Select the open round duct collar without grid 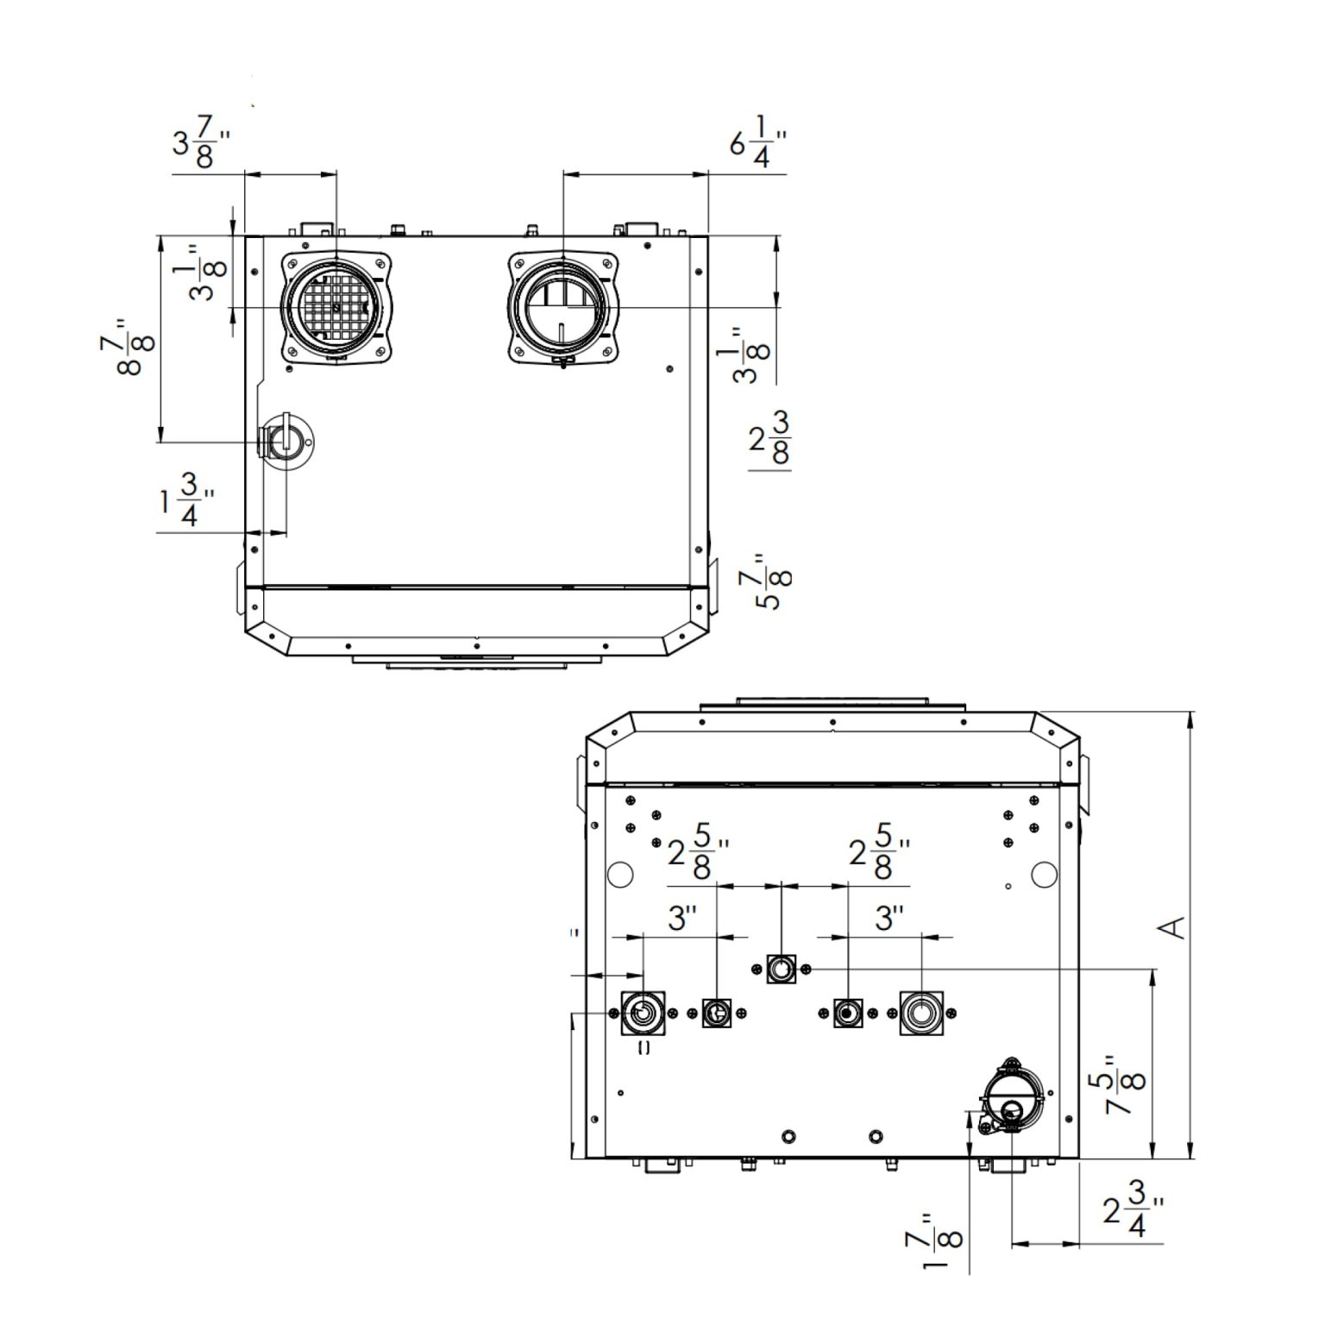(562, 307)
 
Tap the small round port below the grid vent (284, 442)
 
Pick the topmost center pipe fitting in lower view (781, 970)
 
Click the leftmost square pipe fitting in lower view (643, 1014)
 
